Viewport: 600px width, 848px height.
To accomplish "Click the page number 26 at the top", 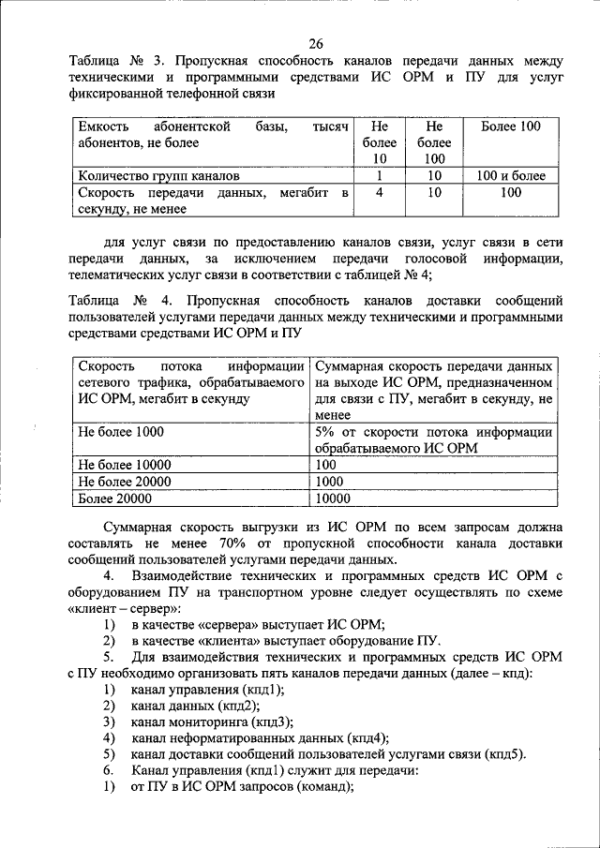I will click(x=315, y=42).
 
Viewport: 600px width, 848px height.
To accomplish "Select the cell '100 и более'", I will click(x=510, y=175).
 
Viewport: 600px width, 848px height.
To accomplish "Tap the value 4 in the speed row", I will click(x=379, y=192).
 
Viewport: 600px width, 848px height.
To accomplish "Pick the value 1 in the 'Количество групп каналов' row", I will click(x=379, y=175).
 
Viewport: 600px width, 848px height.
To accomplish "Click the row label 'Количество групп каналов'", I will click(x=158, y=175).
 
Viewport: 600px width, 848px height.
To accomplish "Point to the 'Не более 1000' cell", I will click(x=121, y=432).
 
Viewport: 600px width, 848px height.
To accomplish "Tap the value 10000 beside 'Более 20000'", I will click(x=334, y=498).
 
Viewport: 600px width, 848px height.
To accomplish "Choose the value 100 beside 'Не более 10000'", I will click(x=326, y=464).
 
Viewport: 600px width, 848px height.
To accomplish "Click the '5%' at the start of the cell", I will click(x=325, y=432).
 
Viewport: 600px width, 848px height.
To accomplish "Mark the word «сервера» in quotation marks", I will click(x=224, y=625).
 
